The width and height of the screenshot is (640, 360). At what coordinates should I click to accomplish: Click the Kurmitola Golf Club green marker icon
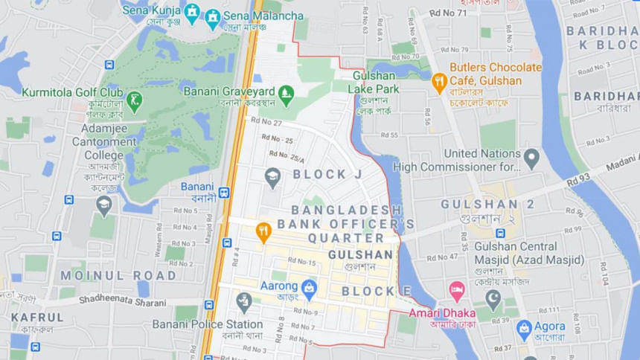pyautogui.click(x=134, y=100)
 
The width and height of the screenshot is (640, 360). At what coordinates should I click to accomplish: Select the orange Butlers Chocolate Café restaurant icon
pyautogui.click(x=439, y=81)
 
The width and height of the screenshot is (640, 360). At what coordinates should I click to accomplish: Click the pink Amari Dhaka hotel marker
pyautogui.click(x=457, y=291)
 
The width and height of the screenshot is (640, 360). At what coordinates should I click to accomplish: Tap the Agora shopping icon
pyautogui.click(x=525, y=328)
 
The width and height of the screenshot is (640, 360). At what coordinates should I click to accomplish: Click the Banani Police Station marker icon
pyautogui.click(x=244, y=301)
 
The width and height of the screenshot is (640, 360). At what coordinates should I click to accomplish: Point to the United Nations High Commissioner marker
pyautogui.click(x=531, y=158)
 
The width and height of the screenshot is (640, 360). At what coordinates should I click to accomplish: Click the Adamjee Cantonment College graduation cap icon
pyautogui.click(x=104, y=205)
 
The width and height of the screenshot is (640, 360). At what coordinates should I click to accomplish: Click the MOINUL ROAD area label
pyautogui.click(x=119, y=275)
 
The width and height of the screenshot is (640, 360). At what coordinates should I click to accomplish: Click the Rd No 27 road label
pyautogui.click(x=266, y=121)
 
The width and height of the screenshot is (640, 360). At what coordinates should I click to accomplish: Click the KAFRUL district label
pyautogui.click(x=37, y=318)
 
